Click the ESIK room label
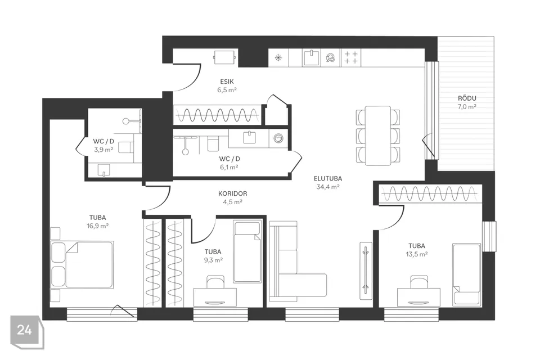pos(227,82)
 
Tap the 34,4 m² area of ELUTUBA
pos(328,187)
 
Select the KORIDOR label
pos(232,193)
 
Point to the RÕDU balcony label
pos(467,98)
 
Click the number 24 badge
pos(25,330)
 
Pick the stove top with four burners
pos(351,57)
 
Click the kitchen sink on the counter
pos(312,57)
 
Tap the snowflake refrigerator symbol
pos(278,57)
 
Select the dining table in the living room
pos(378,136)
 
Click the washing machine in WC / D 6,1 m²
pos(278,138)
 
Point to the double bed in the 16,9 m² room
pos(82,265)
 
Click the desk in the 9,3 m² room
pos(215,297)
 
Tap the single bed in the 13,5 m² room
pos(466,274)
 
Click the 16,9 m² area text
pos(98,226)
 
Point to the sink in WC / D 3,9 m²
pos(103,170)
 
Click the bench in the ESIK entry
pos(224,57)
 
